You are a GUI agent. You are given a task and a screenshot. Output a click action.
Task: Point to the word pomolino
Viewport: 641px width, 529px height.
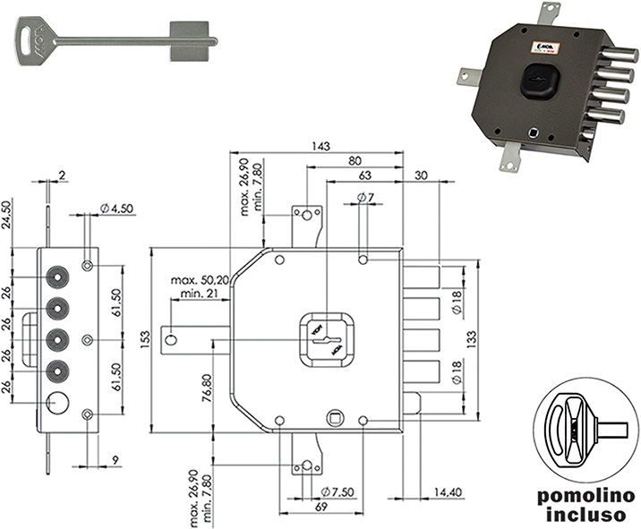585,496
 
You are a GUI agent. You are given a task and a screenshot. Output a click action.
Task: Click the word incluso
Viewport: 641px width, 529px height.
585,516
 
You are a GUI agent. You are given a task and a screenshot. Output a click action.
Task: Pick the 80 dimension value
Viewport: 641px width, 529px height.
355,162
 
